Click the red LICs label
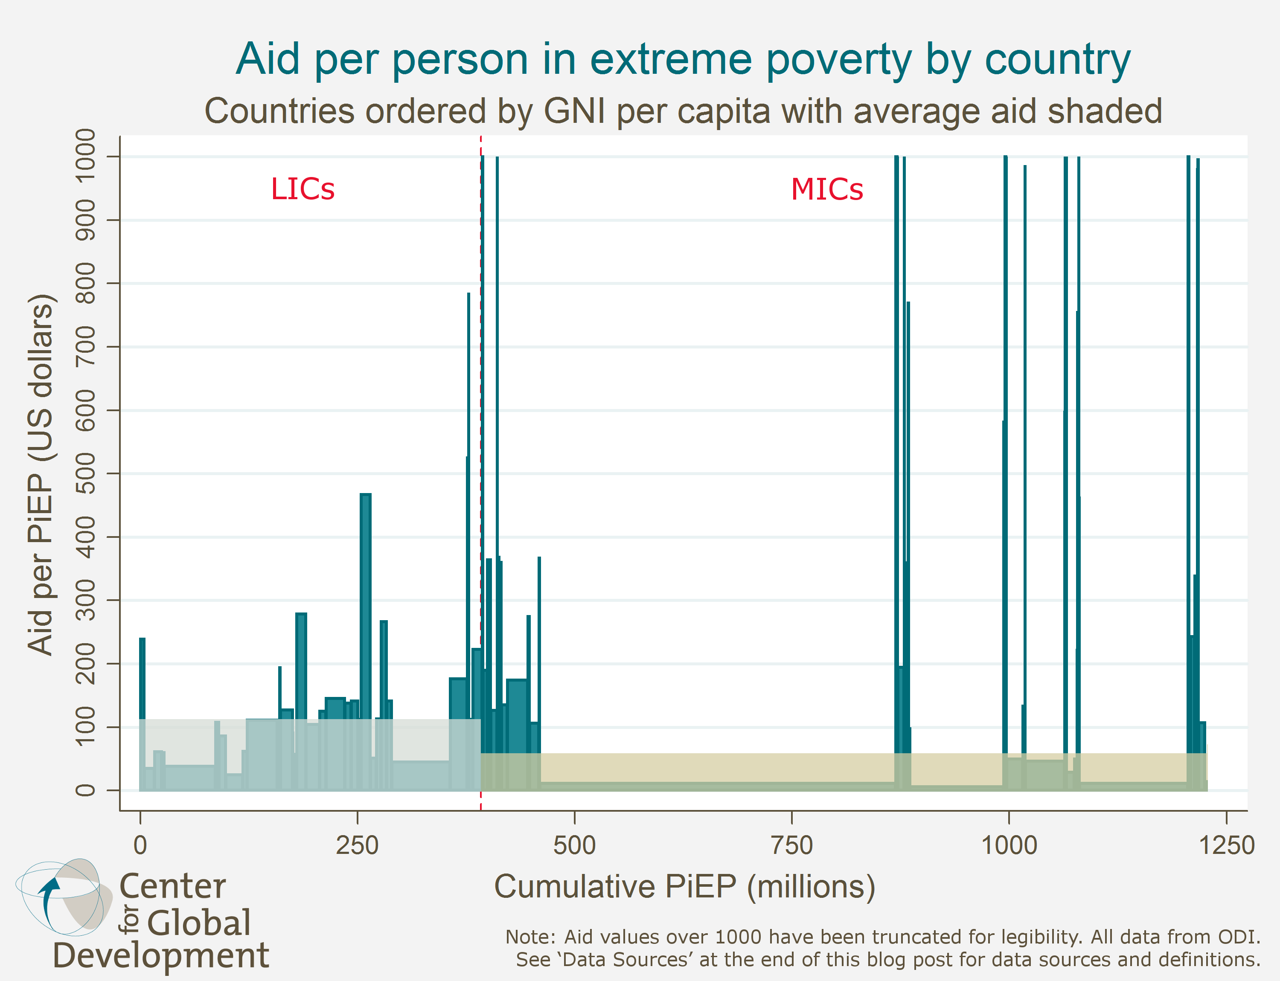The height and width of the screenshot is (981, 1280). click(303, 189)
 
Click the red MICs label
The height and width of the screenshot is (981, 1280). click(826, 189)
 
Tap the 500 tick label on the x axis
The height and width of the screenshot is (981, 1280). click(574, 845)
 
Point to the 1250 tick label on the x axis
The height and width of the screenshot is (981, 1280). click(1226, 845)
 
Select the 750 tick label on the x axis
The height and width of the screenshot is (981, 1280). click(791, 845)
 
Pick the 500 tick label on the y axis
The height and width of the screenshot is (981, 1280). click(85, 473)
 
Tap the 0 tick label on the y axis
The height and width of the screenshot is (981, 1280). click(85, 790)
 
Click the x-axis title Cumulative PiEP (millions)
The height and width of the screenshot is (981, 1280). click(685, 886)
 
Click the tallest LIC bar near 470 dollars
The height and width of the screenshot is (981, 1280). click(366, 584)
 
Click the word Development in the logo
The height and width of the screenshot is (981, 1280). click(161, 956)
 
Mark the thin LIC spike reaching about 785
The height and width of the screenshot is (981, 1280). click(468, 467)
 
